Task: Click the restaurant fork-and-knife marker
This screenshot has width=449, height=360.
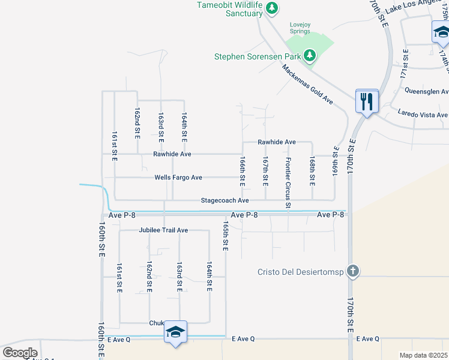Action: (366, 101)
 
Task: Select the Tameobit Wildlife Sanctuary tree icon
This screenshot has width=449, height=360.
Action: (272, 8)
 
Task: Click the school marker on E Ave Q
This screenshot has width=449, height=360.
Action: (175, 332)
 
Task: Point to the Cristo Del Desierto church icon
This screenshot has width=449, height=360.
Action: (353, 271)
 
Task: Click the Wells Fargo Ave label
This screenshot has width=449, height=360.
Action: (178, 178)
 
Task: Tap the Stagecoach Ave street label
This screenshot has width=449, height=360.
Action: (224, 200)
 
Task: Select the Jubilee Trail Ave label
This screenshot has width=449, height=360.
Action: (163, 230)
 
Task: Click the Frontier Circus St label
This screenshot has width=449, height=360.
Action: (288, 183)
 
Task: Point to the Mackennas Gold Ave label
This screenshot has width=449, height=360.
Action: (307, 84)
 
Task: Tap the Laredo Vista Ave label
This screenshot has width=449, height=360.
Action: (423, 115)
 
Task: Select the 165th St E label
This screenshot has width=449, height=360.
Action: (225, 236)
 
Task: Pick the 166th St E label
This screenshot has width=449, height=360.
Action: (243, 170)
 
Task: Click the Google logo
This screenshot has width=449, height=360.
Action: (20, 352)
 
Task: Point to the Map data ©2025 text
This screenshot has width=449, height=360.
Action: (424, 355)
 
